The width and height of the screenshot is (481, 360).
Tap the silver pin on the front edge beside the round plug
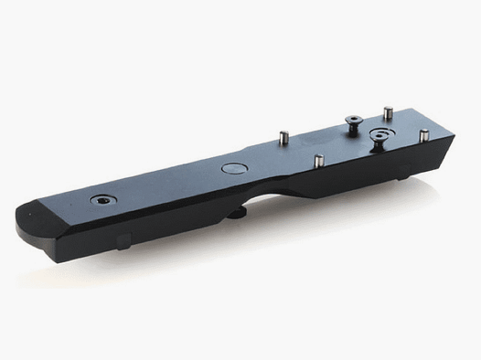(x=318, y=161)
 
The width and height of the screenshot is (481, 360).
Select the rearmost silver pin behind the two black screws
(x=388, y=112)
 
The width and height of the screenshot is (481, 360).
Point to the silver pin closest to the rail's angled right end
(x=423, y=135)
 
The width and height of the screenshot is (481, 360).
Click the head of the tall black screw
(x=353, y=119)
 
